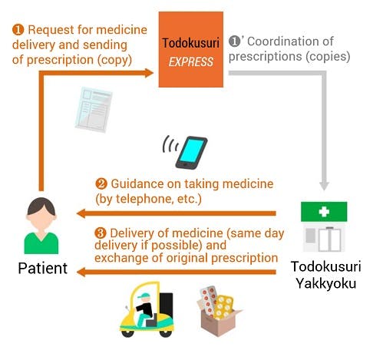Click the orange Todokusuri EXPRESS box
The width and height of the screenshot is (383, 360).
click(191, 49)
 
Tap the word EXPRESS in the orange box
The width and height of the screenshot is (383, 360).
click(191, 62)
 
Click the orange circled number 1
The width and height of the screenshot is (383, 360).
click(18, 30)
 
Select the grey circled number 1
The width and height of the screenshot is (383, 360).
click(234, 41)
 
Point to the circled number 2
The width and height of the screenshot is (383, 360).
click(101, 184)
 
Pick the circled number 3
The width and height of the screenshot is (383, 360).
click(101, 233)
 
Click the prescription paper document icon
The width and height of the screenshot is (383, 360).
click(94, 110)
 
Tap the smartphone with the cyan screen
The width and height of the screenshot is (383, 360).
click(191, 153)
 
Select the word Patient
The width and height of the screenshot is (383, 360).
click(43, 268)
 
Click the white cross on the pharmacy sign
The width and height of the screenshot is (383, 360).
click(324, 212)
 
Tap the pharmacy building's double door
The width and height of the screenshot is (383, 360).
click(329, 239)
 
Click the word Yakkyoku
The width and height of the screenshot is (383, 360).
click(326, 283)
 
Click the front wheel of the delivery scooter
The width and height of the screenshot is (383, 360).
click(127, 332)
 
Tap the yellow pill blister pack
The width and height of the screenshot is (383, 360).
click(223, 307)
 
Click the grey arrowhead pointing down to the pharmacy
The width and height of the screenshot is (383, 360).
click(324, 186)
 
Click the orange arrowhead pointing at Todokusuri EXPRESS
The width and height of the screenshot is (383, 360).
click(149, 73)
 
